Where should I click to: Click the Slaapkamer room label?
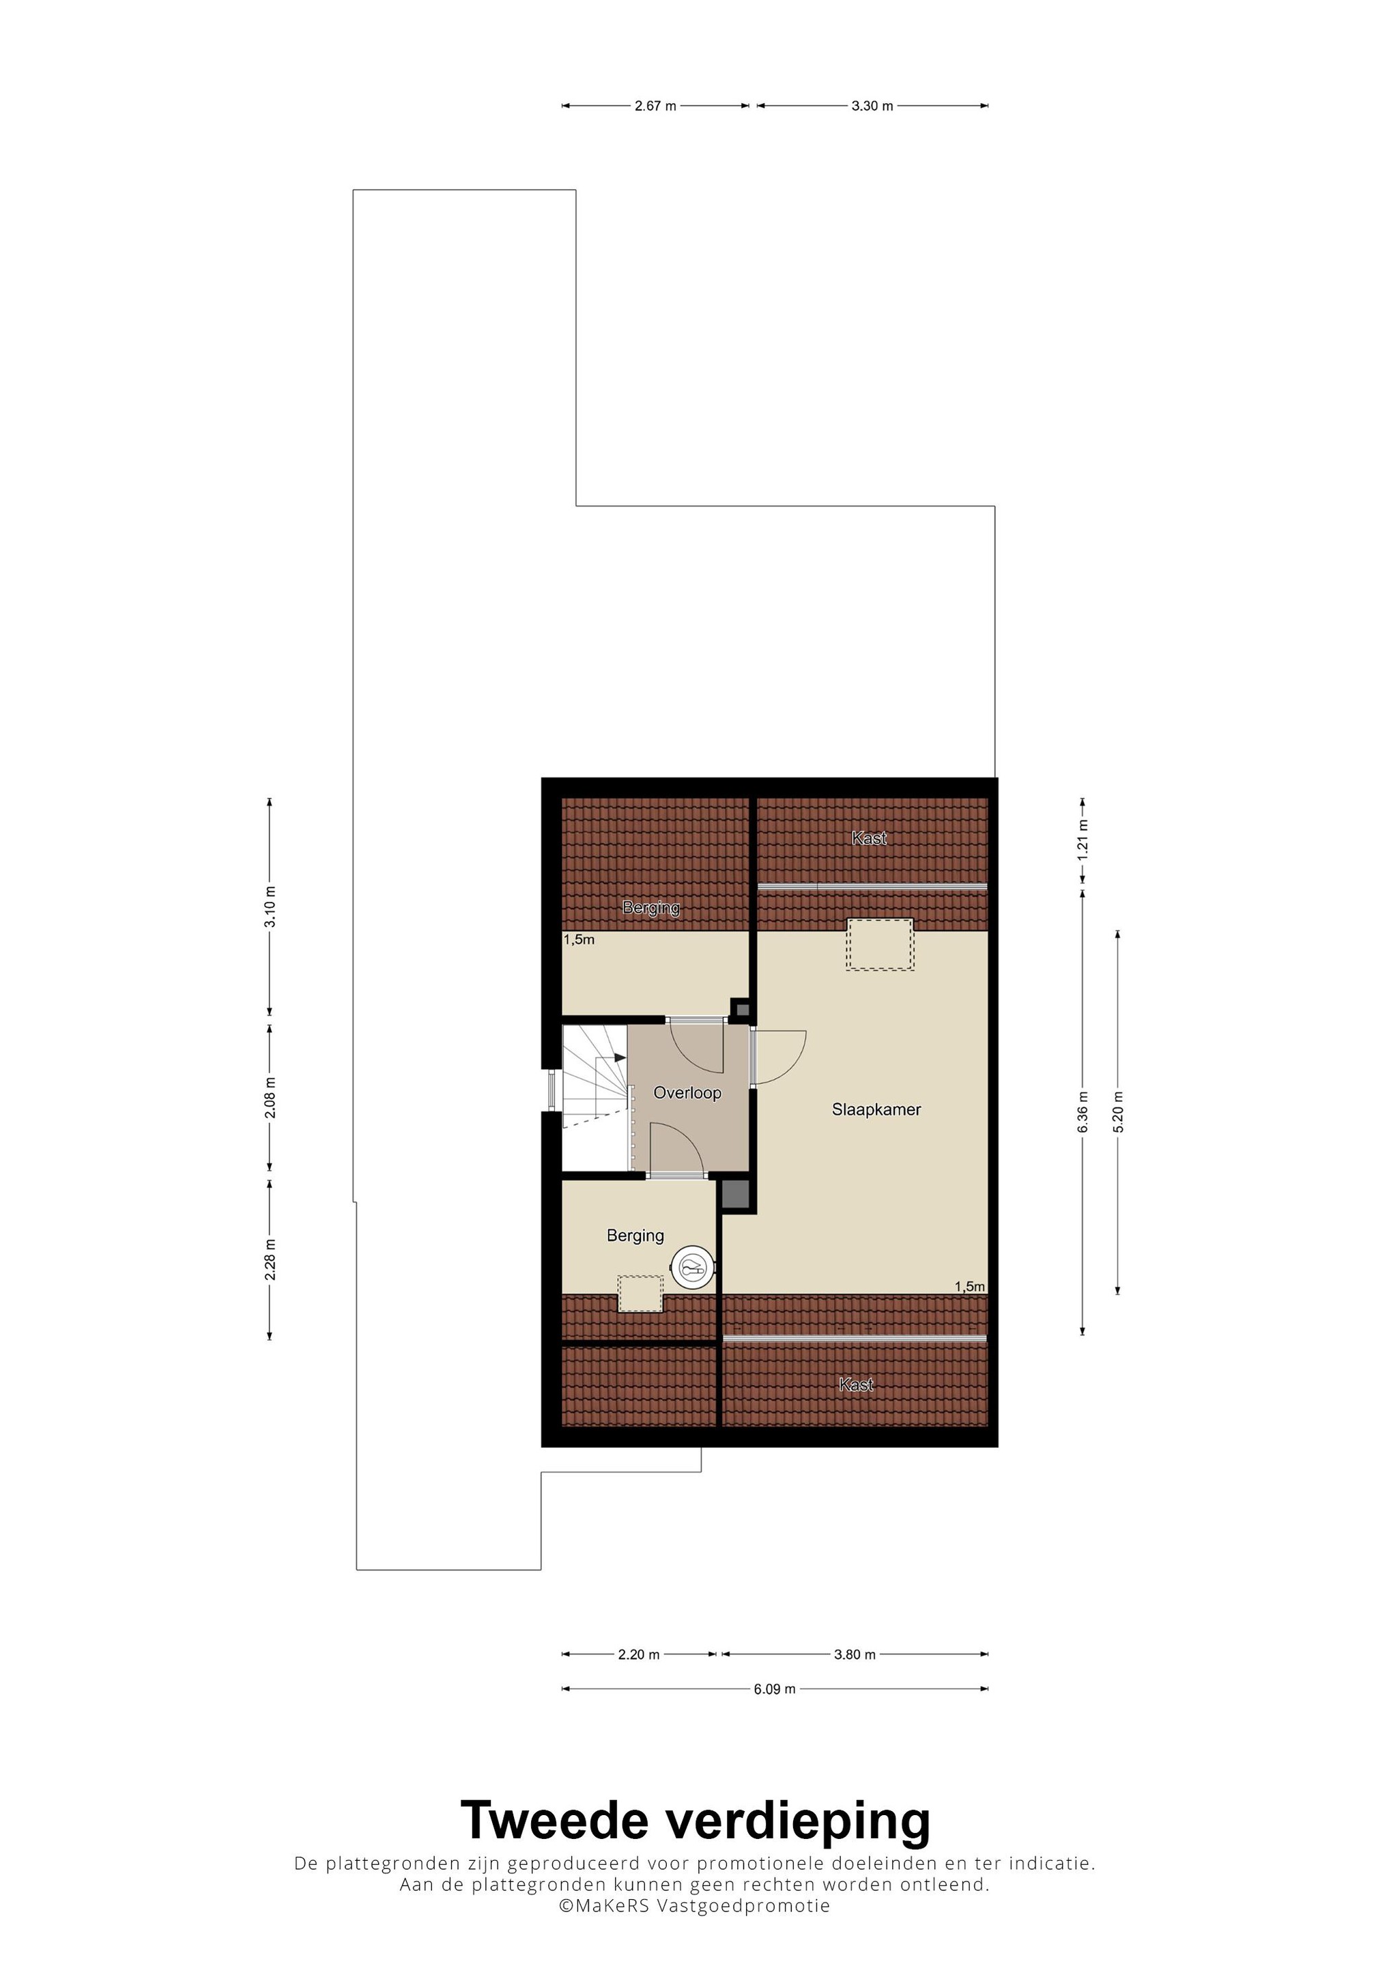click(876, 1110)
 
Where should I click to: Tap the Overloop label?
click(687, 1093)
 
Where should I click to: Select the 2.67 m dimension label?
click(655, 106)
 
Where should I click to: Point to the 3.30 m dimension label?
click(872, 106)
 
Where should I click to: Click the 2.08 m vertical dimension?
click(270, 1097)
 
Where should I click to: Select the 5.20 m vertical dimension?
click(1117, 1111)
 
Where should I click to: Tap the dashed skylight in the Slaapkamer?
click(880, 943)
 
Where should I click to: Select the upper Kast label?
click(869, 838)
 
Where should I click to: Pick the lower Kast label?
click(857, 1384)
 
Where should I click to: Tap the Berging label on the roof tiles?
click(651, 908)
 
